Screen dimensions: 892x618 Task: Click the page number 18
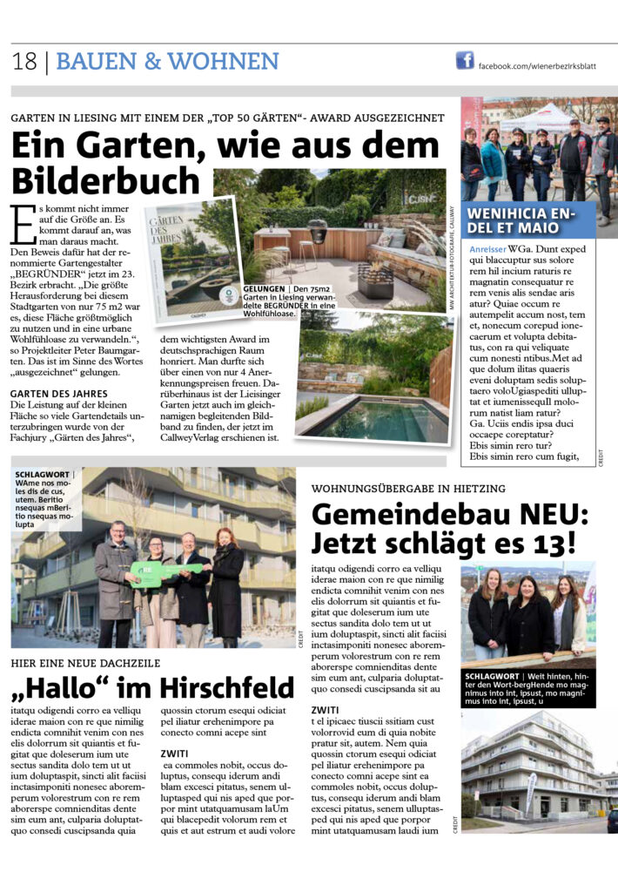tap(24, 62)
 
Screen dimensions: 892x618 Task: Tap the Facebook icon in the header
tap(465, 60)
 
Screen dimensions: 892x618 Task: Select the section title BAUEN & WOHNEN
tap(168, 62)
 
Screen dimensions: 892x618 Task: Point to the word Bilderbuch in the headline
tap(105, 179)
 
